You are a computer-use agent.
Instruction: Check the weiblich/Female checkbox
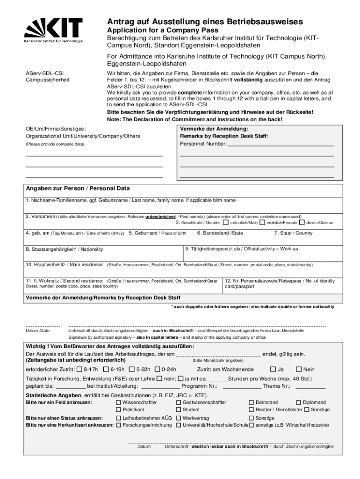click(x=262, y=223)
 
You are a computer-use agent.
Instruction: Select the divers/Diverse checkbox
click(x=302, y=223)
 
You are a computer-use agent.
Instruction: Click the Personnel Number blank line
click(x=281, y=145)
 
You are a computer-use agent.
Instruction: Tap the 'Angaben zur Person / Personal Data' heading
click(x=78, y=189)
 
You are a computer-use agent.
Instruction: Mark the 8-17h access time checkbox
click(x=79, y=370)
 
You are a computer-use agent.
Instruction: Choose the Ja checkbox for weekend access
click(x=273, y=370)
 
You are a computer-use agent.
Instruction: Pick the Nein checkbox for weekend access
click(x=299, y=370)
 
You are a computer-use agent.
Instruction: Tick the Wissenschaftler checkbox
click(x=118, y=402)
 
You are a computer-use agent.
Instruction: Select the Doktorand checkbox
click(x=251, y=402)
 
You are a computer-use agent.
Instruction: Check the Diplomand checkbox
click(x=299, y=402)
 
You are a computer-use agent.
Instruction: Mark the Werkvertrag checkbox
click(x=179, y=418)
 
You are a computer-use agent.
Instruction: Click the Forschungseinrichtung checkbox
click(x=118, y=425)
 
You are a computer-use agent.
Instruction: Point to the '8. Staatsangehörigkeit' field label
click(x=65, y=249)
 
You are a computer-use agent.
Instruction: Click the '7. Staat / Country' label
click(x=293, y=233)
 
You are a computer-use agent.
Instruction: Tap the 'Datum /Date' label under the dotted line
click(x=37, y=331)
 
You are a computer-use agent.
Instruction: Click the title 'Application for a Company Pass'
click(x=159, y=31)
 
